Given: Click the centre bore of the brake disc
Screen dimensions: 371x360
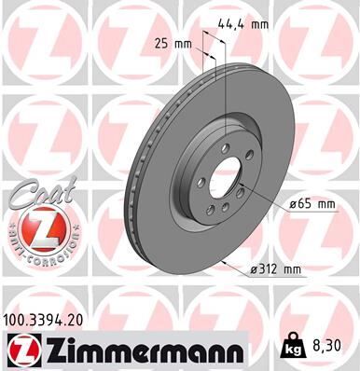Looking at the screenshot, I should click(x=225, y=177).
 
